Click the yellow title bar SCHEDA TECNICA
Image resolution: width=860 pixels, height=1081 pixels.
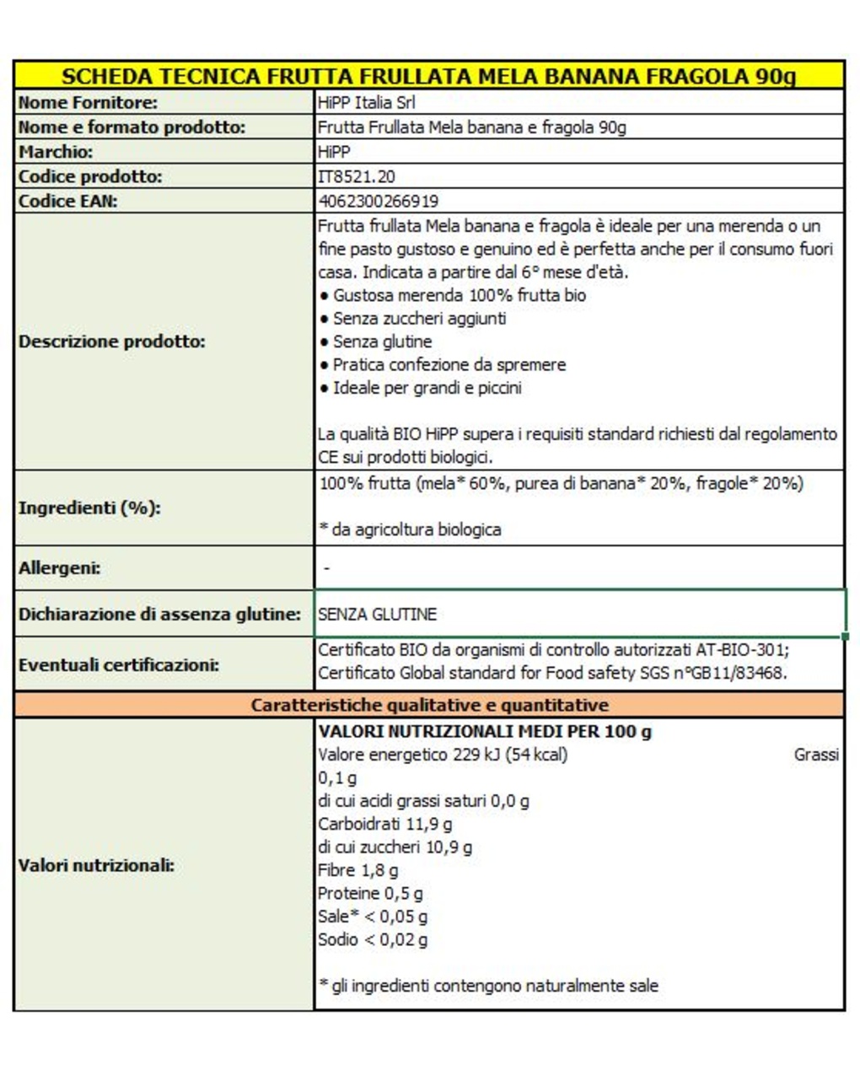point(428,76)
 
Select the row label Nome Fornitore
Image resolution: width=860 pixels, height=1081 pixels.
point(88,103)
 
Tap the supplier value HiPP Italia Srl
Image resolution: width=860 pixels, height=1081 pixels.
point(367,103)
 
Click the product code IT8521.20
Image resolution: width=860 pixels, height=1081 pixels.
point(357,176)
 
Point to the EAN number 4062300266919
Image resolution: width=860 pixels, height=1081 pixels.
point(379,201)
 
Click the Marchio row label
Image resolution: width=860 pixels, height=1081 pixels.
point(56,152)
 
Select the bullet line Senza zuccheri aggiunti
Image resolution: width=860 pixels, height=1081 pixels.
point(419,319)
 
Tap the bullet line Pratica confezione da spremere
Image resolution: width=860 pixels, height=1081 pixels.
point(449,365)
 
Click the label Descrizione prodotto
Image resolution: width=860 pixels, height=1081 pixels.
point(112,342)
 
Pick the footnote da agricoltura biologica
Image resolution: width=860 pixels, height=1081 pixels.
point(416,530)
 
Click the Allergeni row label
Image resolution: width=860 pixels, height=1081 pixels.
point(60,567)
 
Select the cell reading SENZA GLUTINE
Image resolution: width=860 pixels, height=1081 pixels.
point(378,615)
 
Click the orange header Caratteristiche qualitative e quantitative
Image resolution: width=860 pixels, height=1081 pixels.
point(429,705)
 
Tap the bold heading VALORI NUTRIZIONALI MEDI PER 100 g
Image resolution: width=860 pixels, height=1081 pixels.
point(485,731)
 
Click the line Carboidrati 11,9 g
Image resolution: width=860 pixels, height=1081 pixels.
point(385,824)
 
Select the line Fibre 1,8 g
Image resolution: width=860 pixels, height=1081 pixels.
point(358,870)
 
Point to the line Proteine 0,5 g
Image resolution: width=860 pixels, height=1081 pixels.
point(370,893)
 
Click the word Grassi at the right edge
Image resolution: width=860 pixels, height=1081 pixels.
point(815,755)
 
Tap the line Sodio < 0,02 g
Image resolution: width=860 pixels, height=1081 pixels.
point(373,939)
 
